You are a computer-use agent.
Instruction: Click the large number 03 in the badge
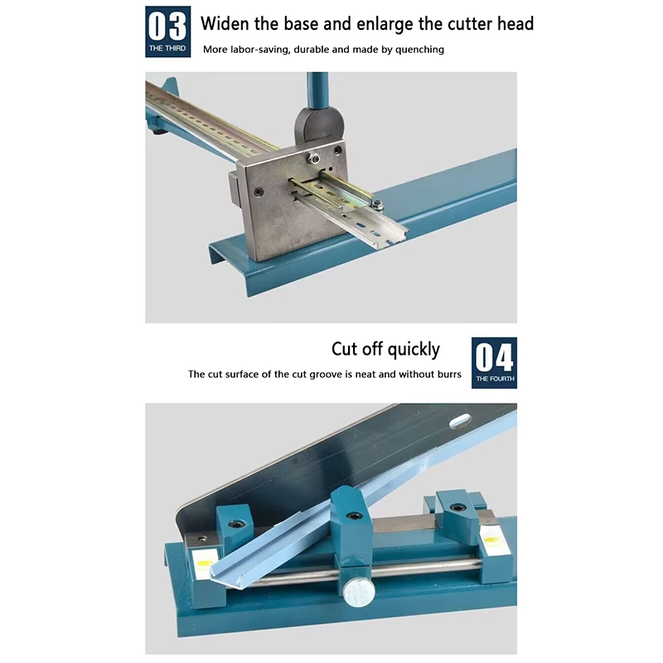tap(168, 26)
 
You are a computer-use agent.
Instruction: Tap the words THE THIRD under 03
tap(167, 48)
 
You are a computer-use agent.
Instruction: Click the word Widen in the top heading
tap(225, 24)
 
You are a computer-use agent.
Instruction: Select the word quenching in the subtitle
tap(419, 50)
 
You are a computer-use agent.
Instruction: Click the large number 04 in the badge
tap(494, 357)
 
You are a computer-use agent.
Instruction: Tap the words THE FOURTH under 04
tap(495, 379)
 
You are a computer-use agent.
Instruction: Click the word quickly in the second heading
tap(414, 350)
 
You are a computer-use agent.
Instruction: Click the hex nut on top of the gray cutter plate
tap(313, 158)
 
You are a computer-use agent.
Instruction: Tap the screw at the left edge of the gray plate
tap(258, 192)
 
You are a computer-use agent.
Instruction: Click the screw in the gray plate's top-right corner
tap(337, 151)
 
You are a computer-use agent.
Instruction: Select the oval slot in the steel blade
tap(460, 421)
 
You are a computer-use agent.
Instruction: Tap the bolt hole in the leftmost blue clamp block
tap(236, 525)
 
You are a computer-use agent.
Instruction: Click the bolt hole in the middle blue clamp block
tap(354, 515)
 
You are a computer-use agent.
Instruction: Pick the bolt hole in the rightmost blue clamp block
tap(458, 507)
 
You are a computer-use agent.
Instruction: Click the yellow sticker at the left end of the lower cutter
tap(204, 564)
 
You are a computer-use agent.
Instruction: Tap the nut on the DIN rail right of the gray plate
tap(377, 205)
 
